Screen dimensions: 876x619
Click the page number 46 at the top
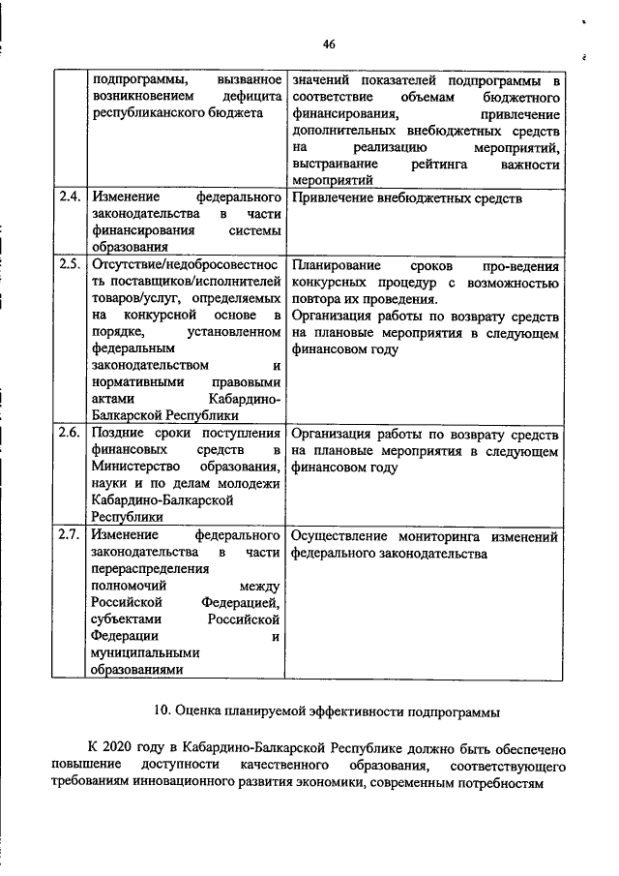point(329,44)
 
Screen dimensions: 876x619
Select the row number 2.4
point(69,198)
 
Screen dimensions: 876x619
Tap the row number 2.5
point(69,263)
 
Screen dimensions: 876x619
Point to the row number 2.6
point(69,432)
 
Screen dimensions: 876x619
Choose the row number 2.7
point(69,534)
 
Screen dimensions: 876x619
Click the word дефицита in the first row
point(249,98)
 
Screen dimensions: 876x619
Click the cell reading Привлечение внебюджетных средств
point(406,198)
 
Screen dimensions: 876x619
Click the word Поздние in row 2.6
point(117,432)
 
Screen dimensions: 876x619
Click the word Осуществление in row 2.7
point(339,535)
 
